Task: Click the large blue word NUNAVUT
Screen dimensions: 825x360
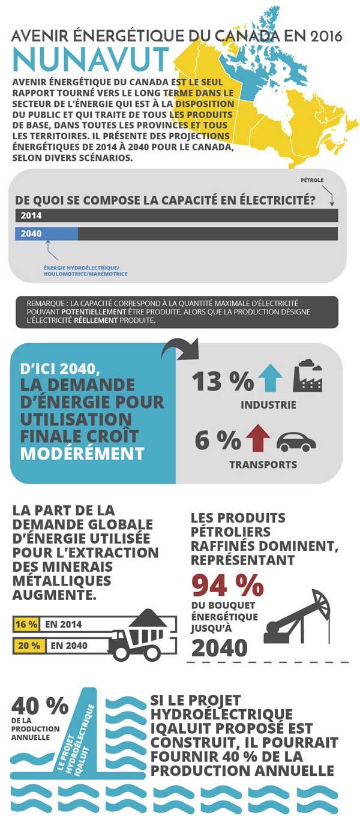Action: [x=90, y=59]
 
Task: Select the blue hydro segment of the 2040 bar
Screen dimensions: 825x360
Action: [x=46, y=234]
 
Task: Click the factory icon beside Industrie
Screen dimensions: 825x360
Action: [x=307, y=377]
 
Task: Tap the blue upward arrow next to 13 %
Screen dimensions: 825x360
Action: [x=269, y=379]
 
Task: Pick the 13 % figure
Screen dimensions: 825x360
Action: [x=214, y=381]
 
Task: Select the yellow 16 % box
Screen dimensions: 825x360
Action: [x=26, y=624]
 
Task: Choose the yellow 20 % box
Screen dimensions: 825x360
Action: [x=28, y=646]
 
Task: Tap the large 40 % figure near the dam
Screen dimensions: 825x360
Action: [x=40, y=706]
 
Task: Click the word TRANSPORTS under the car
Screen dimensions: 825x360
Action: [x=263, y=464]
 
